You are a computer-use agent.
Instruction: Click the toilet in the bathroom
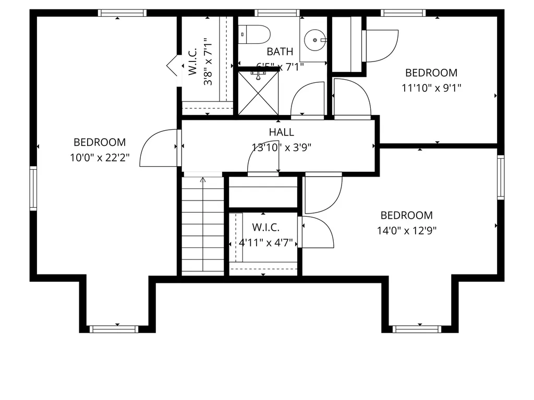[x=254, y=34]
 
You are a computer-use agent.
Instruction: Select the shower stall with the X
[x=258, y=93]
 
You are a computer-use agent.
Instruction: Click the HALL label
[x=282, y=132]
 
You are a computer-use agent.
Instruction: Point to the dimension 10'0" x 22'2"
[x=100, y=157]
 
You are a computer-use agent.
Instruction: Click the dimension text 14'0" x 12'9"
[x=407, y=230]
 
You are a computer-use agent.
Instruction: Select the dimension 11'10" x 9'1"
[x=431, y=88]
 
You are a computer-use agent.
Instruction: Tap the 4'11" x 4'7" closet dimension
[x=266, y=243]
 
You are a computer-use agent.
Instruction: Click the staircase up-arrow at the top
[x=203, y=180]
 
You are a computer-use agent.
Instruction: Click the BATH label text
[x=280, y=52]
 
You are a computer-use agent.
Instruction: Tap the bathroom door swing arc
[x=308, y=99]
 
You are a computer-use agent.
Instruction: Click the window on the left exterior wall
[x=33, y=187]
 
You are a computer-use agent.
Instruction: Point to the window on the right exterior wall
[x=501, y=177]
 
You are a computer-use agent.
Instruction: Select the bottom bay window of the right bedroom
[x=417, y=329]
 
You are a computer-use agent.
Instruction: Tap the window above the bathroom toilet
[x=276, y=13]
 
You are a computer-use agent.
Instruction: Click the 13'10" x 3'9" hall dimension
[x=282, y=147]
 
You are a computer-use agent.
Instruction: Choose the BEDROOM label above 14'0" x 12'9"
[x=406, y=215]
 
